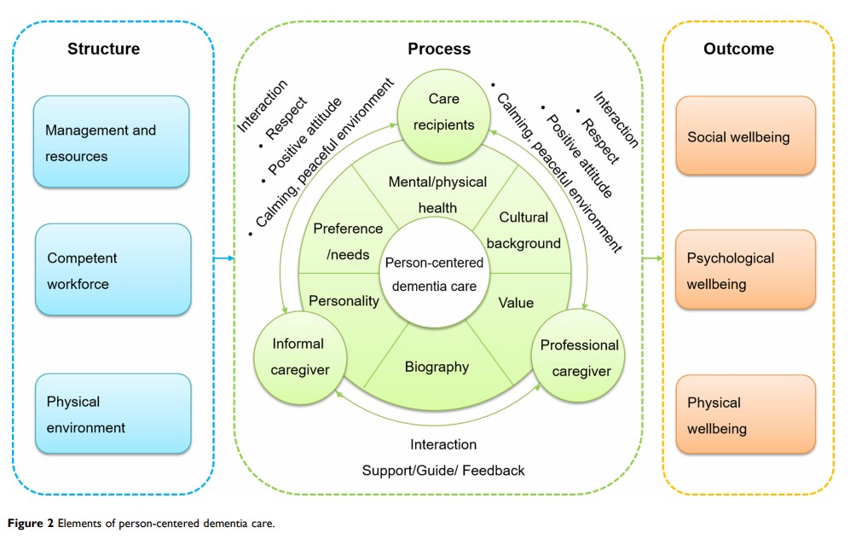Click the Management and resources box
coord(111,142)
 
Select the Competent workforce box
coord(113,269)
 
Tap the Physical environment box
coord(113,414)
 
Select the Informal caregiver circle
coord(298,357)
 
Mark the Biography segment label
coord(437,367)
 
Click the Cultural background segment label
coord(529,230)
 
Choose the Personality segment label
coord(344,301)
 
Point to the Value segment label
coord(516,303)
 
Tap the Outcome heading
coord(738,49)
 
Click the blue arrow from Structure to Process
coord(223,258)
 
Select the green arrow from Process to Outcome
coord(652,258)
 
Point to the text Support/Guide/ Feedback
coord(443,470)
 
